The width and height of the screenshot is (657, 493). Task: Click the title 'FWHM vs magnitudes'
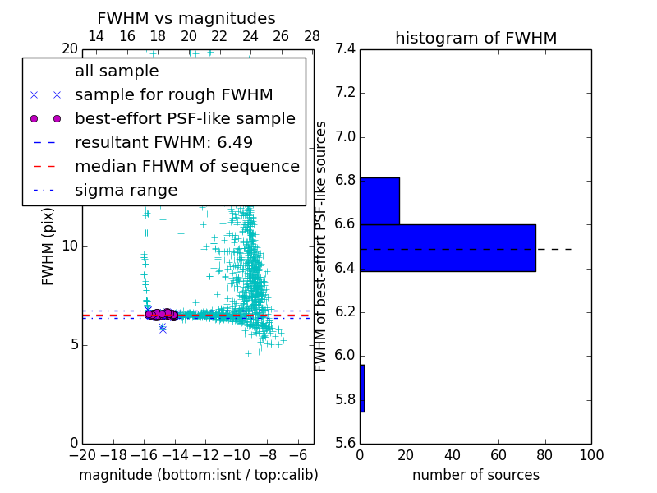tap(186, 18)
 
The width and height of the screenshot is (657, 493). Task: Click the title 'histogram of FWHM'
tap(476, 38)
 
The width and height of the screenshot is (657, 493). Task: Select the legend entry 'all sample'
tap(117, 71)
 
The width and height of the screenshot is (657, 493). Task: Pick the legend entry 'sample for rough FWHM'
tap(173, 94)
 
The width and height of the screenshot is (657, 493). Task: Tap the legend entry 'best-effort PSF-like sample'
tap(185, 118)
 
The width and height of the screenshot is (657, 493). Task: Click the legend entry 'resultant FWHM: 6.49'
tap(163, 142)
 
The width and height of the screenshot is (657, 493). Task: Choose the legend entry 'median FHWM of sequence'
tap(186, 166)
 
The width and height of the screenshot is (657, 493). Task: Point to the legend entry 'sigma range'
tap(126, 190)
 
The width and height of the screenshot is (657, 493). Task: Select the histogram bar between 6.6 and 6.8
tap(379, 200)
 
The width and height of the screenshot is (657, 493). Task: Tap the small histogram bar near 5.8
tap(362, 388)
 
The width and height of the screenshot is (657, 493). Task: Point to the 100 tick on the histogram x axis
tap(590, 455)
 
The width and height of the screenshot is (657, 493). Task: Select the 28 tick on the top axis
tap(312, 36)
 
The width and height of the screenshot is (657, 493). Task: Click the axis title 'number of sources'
tap(476, 475)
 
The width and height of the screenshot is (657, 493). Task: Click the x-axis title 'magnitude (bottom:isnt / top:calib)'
tap(198, 475)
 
